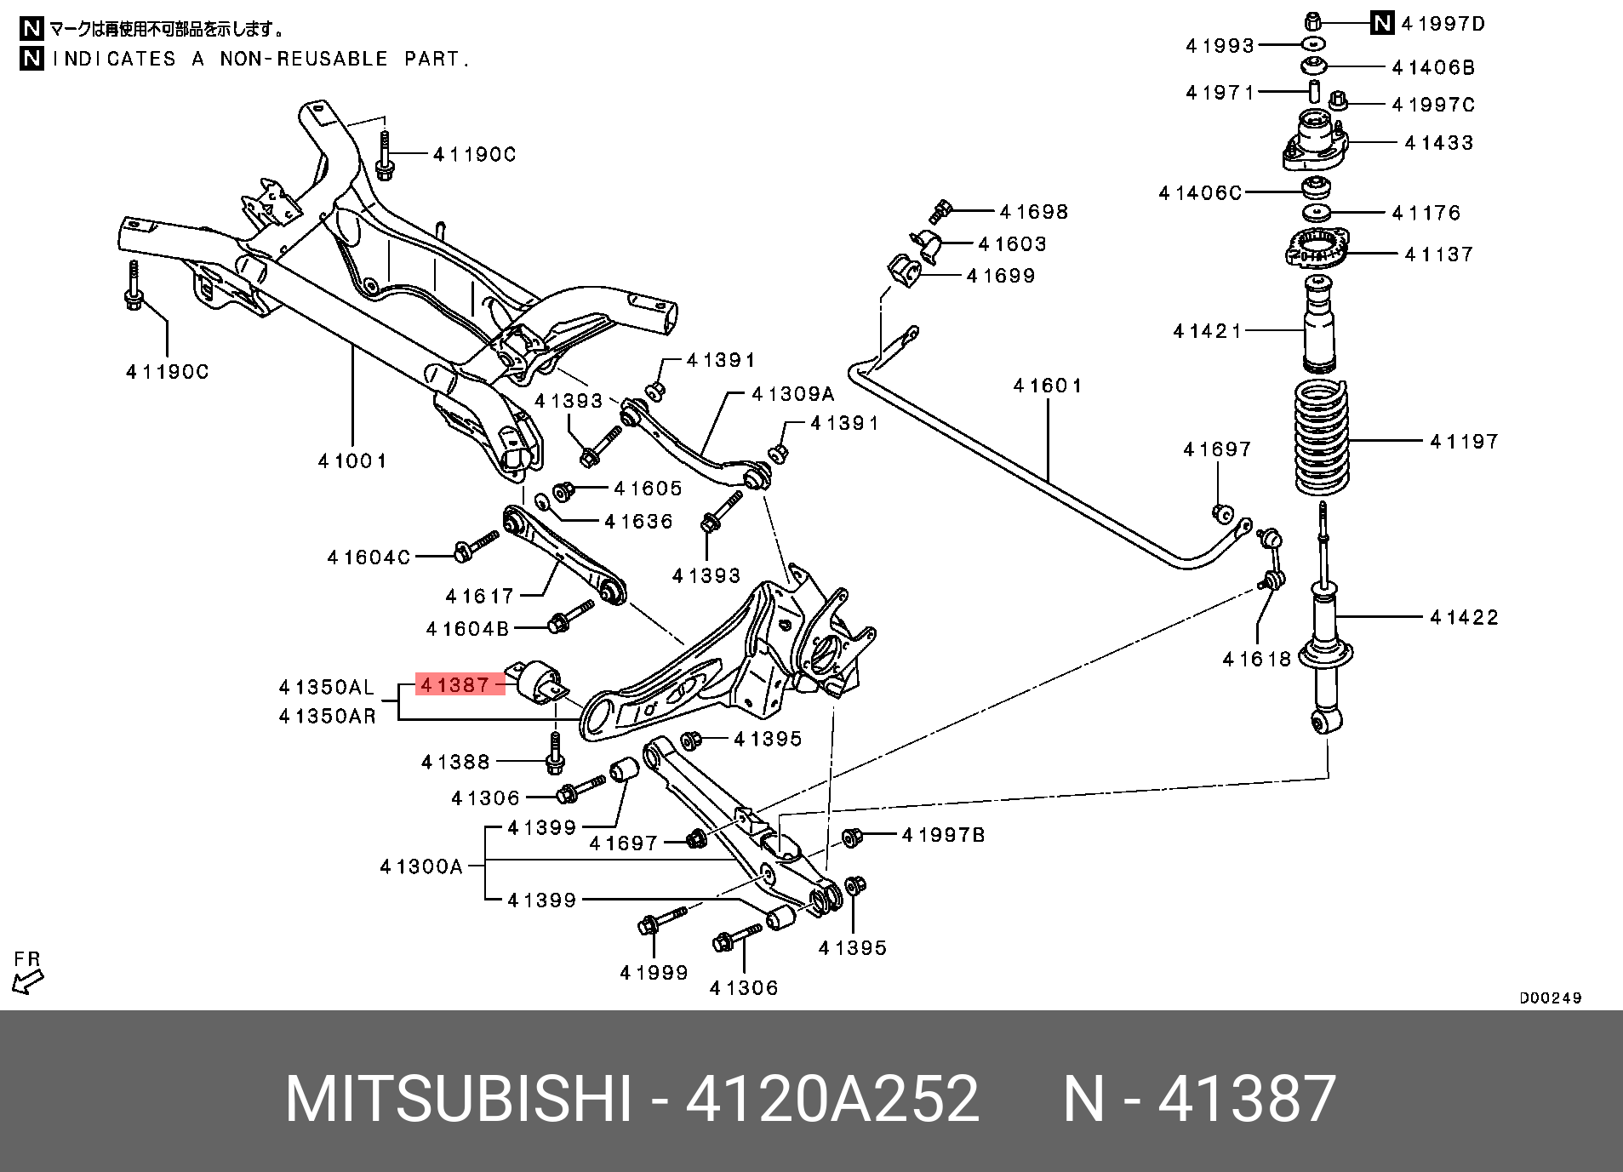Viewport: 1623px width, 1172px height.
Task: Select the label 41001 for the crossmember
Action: (x=352, y=461)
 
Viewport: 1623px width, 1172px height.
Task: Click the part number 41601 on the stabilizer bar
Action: (x=1047, y=386)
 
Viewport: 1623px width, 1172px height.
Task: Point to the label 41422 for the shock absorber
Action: (x=1464, y=617)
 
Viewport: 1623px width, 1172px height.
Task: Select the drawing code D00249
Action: (x=1551, y=998)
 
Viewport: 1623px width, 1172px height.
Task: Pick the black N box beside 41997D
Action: (x=1382, y=24)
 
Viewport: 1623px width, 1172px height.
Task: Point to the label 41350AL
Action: (x=327, y=687)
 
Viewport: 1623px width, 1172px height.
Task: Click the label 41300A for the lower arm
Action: (x=421, y=866)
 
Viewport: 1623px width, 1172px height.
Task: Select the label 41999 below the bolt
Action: (x=654, y=972)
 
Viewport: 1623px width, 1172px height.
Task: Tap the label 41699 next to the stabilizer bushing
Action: (x=1000, y=276)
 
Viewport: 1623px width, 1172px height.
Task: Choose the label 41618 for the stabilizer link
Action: (x=1256, y=658)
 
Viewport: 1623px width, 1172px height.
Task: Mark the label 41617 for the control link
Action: (x=480, y=596)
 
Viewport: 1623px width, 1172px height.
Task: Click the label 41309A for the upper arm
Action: (x=792, y=394)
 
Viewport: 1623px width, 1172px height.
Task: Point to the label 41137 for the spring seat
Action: (x=1438, y=254)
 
